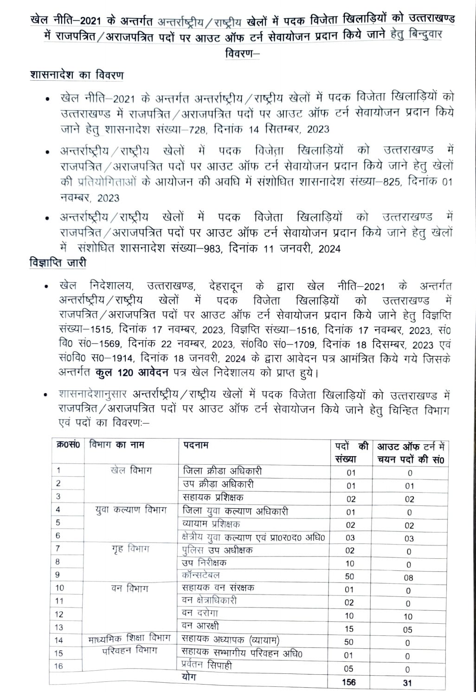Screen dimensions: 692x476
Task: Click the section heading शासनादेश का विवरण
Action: coord(76,75)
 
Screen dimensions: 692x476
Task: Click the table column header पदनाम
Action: coord(195,445)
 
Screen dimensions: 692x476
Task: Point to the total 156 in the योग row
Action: coord(350,682)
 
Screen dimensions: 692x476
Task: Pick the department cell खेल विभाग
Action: coord(131,471)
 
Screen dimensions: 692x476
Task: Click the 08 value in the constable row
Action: coord(408,577)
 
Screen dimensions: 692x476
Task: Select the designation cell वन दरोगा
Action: coord(200,613)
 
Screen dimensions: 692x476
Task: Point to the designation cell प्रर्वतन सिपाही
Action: coord(207,666)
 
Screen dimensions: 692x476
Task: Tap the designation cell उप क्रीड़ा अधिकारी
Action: coord(218,484)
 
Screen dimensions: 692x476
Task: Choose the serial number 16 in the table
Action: coord(59,666)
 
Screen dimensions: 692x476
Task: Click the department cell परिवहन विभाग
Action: coord(130,651)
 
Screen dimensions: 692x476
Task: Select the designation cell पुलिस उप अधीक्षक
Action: coord(217,550)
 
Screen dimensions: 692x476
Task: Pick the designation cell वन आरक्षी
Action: coord(200,626)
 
